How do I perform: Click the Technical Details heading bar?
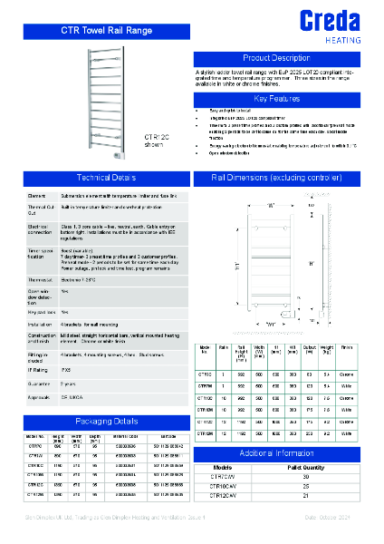point(106,178)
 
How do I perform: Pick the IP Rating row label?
point(37,369)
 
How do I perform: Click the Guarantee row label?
point(38,384)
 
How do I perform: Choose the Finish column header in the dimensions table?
point(347,350)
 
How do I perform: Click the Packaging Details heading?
point(106,422)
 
